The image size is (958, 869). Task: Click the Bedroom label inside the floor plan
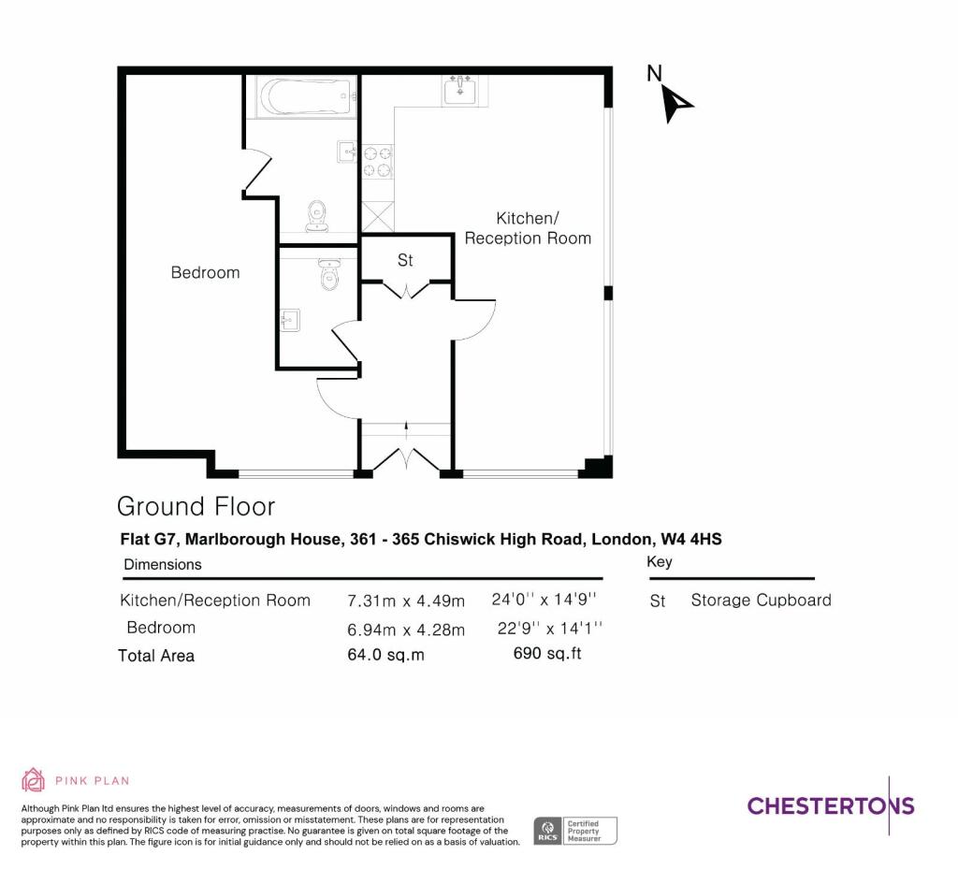point(205,272)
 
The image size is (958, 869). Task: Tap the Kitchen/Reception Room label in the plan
point(528,228)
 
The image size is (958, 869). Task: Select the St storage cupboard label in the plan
point(405,260)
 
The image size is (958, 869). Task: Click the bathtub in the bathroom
point(306,96)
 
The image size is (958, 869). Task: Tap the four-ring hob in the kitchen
point(377,161)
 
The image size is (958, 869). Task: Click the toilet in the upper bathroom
point(316,215)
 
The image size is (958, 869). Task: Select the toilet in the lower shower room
point(329,273)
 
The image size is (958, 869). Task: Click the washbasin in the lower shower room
point(290,319)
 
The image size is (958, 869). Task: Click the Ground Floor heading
point(196,506)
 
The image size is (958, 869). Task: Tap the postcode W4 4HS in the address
point(691,539)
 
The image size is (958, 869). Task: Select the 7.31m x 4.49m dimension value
point(406,601)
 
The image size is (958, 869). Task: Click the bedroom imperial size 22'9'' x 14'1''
point(550,628)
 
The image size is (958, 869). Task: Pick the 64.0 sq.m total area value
point(385,655)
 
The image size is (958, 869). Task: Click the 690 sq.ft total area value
point(547,654)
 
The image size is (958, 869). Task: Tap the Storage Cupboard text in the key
point(762,601)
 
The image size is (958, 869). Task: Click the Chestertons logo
point(831,805)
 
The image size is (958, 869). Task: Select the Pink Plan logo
point(76,780)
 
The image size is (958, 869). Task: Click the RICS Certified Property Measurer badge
point(575,832)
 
